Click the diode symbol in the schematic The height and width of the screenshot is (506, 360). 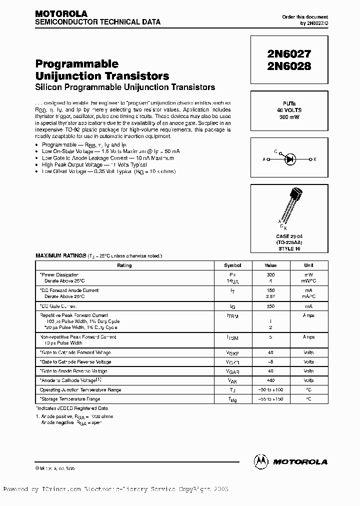[289, 159]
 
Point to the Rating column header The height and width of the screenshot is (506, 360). [124, 265]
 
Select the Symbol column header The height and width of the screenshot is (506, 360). [232, 265]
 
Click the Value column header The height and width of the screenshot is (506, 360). [270, 265]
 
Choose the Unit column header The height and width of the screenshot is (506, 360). [308, 265]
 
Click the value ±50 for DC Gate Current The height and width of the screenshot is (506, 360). [270, 305]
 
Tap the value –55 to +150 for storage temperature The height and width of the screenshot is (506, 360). [270, 399]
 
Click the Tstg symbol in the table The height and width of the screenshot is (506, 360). [232, 399]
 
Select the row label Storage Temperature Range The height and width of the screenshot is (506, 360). [70, 399]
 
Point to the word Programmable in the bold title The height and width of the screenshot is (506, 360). [76, 64]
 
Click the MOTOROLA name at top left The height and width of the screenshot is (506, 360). [61, 13]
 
